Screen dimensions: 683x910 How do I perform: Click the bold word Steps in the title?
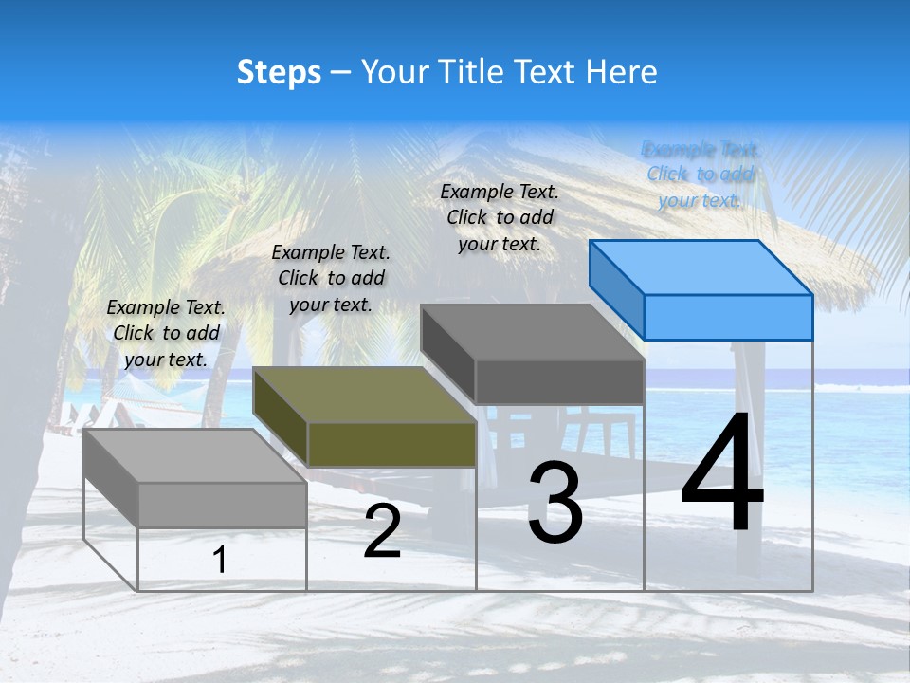(x=279, y=72)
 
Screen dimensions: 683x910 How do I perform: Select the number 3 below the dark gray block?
(x=555, y=503)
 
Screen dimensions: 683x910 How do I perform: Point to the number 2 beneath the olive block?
(x=382, y=532)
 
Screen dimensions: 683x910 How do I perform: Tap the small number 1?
(x=220, y=560)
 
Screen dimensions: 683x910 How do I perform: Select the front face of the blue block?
(x=728, y=317)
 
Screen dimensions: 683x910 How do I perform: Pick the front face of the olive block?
(x=391, y=444)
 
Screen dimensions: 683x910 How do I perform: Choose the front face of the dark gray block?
(x=559, y=381)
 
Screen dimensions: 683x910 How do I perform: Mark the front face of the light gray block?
(x=222, y=505)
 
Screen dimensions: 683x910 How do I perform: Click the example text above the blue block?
(x=701, y=175)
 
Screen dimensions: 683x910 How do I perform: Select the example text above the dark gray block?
(x=500, y=217)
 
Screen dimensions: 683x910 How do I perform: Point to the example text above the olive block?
(x=331, y=278)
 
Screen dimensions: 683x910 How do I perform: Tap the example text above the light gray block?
(x=166, y=333)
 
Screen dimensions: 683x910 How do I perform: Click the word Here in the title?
(x=622, y=72)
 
